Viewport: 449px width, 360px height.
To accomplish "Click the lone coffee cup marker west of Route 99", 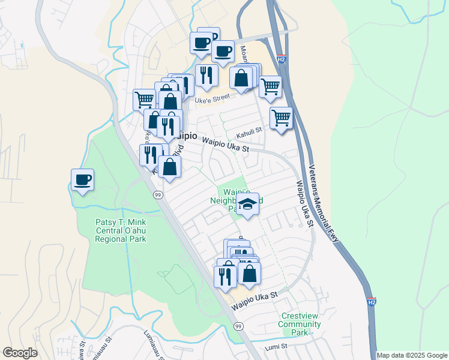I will coord(82,179).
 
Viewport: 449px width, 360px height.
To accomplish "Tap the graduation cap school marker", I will coord(247,205).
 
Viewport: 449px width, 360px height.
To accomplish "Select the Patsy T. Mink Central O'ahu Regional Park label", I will coord(121,230).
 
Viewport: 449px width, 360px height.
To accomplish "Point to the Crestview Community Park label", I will coord(299,324).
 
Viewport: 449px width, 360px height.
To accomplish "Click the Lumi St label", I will coord(278,346).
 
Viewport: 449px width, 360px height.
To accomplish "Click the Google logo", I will coord(20,353).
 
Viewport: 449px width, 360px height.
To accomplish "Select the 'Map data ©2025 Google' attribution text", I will coord(412,355).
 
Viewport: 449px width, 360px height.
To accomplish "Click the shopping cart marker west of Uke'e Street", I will coord(144,99).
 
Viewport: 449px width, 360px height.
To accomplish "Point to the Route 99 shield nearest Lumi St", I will coord(239,326).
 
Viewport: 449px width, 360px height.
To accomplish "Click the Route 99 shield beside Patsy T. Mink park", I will coord(158,195).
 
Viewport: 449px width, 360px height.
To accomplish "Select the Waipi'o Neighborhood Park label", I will coord(229,199).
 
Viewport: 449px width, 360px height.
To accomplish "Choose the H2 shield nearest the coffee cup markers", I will coord(282,59).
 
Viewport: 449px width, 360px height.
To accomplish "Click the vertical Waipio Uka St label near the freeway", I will coord(304,204).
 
